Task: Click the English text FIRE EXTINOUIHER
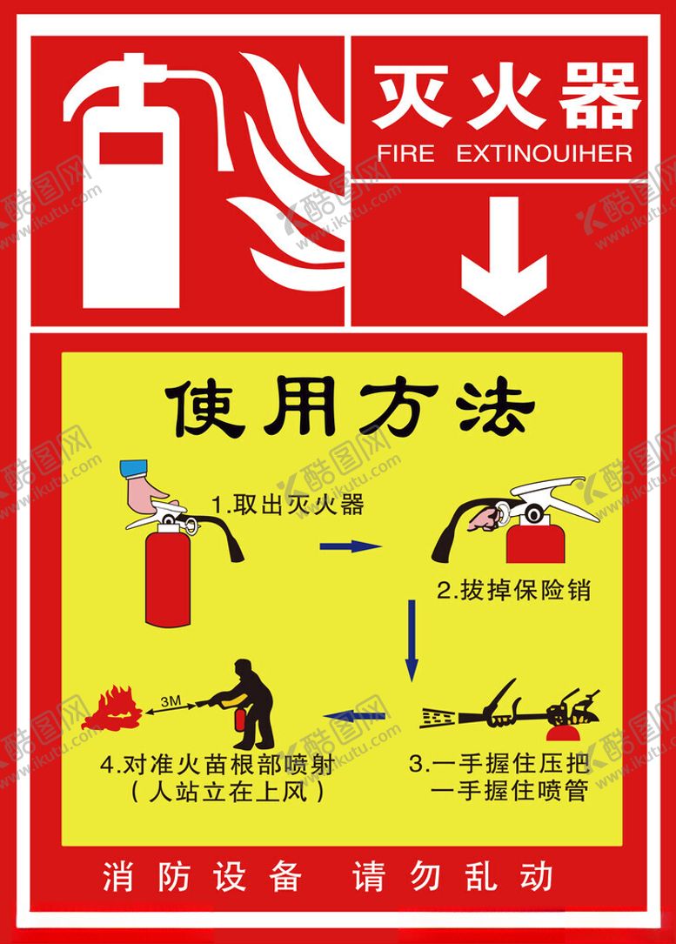(x=505, y=153)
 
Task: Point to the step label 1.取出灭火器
(x=288, y=505)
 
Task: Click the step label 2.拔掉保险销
(x=513, y=590)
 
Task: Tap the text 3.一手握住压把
(x=499, y=764)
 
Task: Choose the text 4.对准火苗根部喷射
(x=218, y=765)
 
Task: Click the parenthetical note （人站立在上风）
(x=228, y=791)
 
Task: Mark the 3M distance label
(x=171, y=701)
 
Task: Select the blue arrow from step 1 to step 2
(x=351, y=546)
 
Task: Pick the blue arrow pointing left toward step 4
(x=355, y=716)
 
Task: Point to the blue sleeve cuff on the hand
(x=134, y=468)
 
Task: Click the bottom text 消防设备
(x=201, y=876)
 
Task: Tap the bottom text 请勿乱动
(x=452, y=876)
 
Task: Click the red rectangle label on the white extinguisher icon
(x=131, y=144)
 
